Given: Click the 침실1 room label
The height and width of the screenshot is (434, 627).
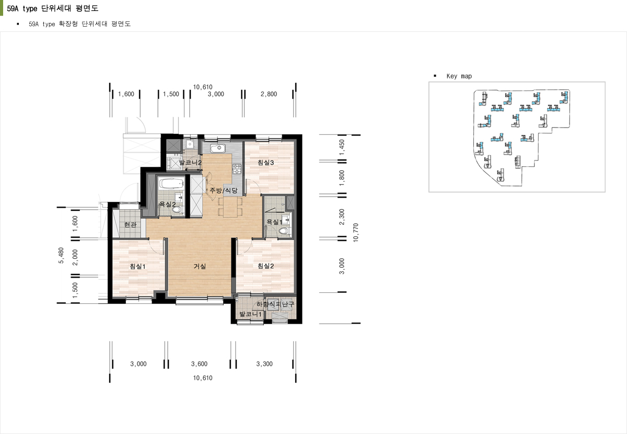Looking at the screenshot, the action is (137, 266).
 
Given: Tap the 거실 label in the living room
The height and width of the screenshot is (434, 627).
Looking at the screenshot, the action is (200, 266).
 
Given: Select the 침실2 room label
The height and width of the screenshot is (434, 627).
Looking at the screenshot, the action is (265, 266).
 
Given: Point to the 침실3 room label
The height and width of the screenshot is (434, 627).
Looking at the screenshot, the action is (265, 163).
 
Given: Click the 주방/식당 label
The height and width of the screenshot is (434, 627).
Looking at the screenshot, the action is (224, 190).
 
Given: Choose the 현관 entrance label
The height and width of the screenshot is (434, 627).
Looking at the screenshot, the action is (131, 224).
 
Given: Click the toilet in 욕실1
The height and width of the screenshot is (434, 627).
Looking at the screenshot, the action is (283, 231).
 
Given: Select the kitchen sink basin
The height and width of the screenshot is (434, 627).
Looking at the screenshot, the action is (218, 148).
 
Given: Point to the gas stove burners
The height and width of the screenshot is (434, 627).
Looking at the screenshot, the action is (237, 169).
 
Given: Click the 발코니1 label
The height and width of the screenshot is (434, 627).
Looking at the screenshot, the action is (250, 314).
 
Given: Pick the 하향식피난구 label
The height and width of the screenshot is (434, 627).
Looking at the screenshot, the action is (275, 304).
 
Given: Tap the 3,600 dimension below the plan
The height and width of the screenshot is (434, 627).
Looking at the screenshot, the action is (199, 364).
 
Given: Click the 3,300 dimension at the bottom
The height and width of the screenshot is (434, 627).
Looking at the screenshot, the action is (264, 364).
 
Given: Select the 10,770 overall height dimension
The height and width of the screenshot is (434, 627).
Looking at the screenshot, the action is (356, 233).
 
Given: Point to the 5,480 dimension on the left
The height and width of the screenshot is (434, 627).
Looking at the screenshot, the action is (61, 256).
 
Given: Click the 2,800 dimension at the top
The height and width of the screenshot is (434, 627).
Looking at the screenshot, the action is (269, 94).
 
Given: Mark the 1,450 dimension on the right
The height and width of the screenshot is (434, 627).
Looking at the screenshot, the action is (342, 147).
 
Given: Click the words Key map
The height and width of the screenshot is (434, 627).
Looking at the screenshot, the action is (459, 76).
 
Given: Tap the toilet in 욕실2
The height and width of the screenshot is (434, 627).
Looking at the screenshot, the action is (177, 209).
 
